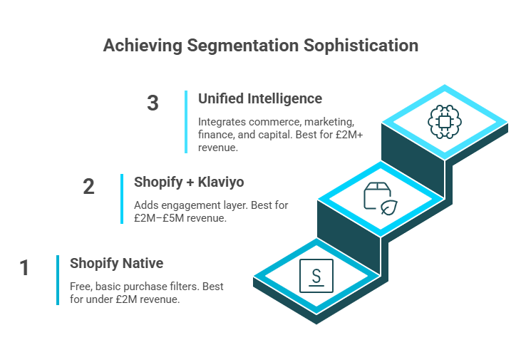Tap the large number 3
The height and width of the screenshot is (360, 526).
[153, 103]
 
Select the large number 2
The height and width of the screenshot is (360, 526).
[89, 187]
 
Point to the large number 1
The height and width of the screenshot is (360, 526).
[25, 268]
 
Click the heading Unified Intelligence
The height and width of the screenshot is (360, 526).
[259, 98]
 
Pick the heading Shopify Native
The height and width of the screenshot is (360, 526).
[116, 264]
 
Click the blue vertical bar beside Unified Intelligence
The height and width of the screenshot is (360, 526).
[186, 121]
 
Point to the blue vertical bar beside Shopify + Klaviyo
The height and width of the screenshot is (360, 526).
[122, 198]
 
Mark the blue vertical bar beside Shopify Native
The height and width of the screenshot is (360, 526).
[58, 279]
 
